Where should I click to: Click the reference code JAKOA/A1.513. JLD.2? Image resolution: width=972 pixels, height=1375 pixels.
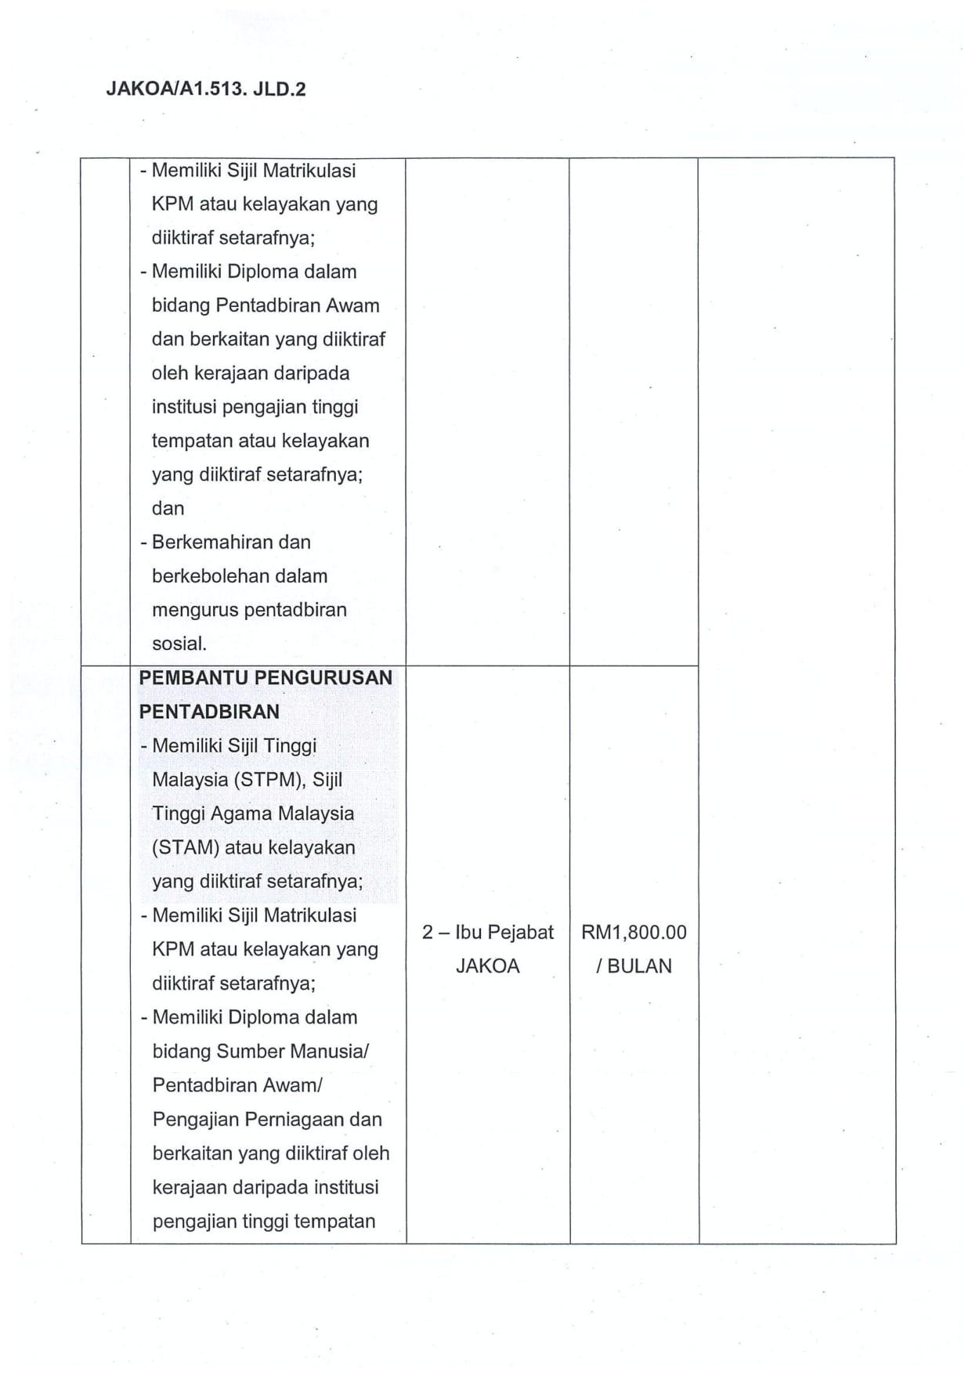point(205,89)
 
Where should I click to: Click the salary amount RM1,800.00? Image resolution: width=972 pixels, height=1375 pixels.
point(634,933)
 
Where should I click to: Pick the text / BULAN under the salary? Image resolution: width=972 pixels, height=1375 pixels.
point(634,966)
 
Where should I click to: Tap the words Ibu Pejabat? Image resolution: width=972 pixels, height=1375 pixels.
point(504,933)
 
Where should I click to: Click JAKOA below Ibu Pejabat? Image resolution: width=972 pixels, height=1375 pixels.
point(487,966)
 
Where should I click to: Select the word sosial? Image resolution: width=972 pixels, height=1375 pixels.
point(179,644)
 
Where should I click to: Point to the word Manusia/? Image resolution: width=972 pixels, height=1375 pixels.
point(329,1052)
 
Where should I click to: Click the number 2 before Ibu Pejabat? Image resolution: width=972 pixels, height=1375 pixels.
point(428,933)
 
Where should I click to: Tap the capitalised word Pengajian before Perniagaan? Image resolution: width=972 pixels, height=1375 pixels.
point(196,1120)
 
